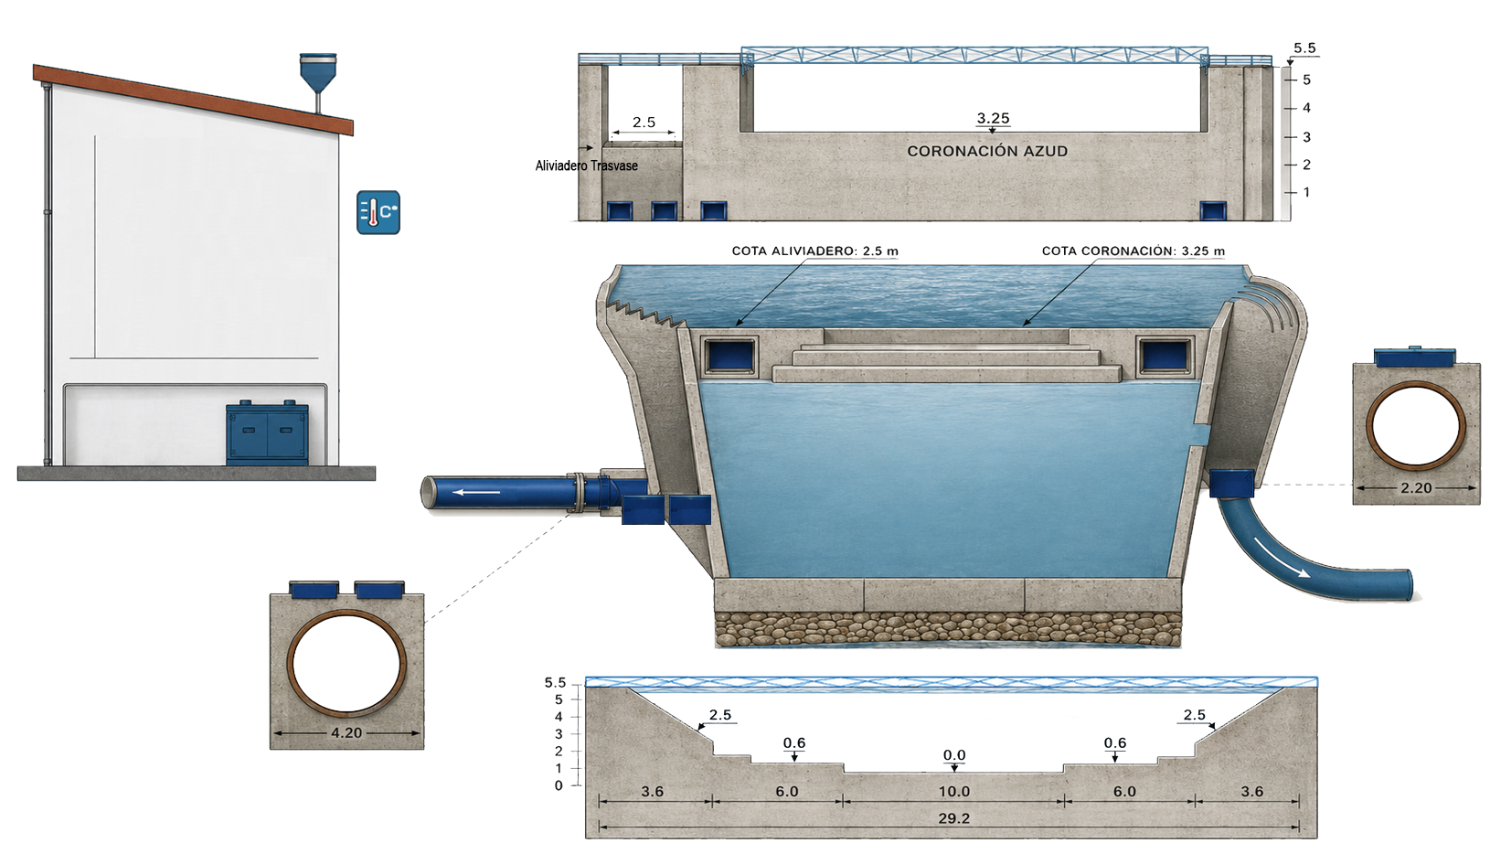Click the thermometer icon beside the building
(x=378, y=212)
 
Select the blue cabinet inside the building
(x=267, y=432)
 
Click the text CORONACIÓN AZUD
(x=987, y=152)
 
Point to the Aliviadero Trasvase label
(x=587, y=165)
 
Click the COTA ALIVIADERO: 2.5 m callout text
(x=814, y=251)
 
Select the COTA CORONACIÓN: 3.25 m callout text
(x=1133, y=251)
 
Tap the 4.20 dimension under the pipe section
(x=346, y=732)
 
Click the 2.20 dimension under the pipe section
(x=1416, y=487)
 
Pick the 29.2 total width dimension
(x=953, y=818)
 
